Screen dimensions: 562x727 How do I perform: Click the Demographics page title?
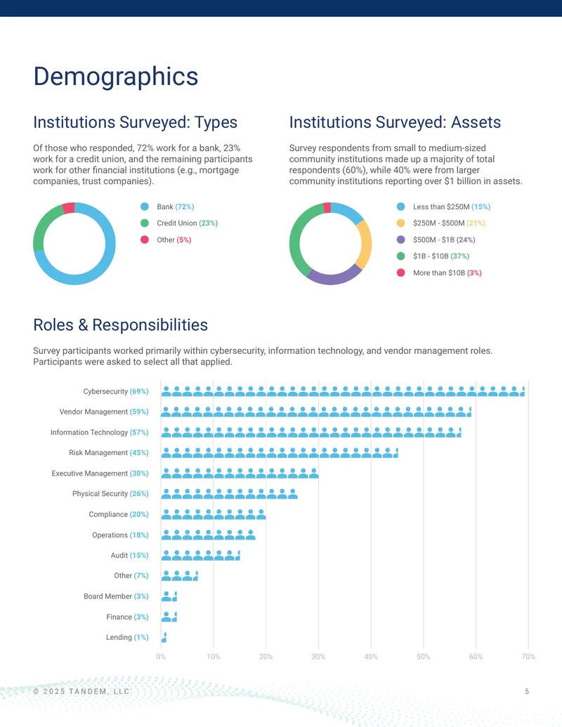point(115,77)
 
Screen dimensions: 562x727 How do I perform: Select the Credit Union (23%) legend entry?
point(179,223)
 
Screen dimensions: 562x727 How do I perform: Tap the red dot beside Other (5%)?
point(145,240)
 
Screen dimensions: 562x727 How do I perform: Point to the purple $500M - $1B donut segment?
point(334,277)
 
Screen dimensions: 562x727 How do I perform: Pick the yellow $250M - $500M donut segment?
point(365,244)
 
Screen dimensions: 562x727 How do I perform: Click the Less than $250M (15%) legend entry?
point(443,207)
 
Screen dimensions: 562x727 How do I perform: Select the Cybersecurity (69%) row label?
point(116,391)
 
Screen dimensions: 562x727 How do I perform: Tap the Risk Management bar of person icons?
point(280,452)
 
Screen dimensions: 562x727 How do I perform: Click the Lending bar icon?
point(164,638)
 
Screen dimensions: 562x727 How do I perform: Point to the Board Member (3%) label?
point(116,596)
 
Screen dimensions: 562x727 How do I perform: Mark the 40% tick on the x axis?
point(371,657)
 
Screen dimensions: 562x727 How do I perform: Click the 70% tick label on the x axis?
point(528,657)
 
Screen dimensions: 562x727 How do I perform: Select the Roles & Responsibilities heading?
point(121,325)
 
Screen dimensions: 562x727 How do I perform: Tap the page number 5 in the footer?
point(527,691)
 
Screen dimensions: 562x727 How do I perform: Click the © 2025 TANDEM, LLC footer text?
point(81,691)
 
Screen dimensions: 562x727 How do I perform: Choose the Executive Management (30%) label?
point(100,473)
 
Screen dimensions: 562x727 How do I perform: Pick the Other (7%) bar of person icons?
point(179,576)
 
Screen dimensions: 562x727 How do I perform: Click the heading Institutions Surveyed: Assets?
point(395,122)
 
